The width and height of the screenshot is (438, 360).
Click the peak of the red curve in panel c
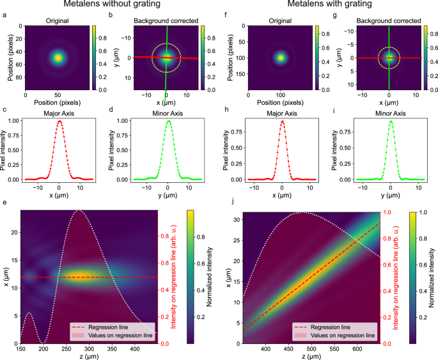pyautogui.click(x=60, y=121)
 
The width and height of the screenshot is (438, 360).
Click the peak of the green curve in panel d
pyautogui.click(x=168, y=121)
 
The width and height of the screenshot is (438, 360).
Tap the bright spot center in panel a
pyautogui.click(x=58, y=58)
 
